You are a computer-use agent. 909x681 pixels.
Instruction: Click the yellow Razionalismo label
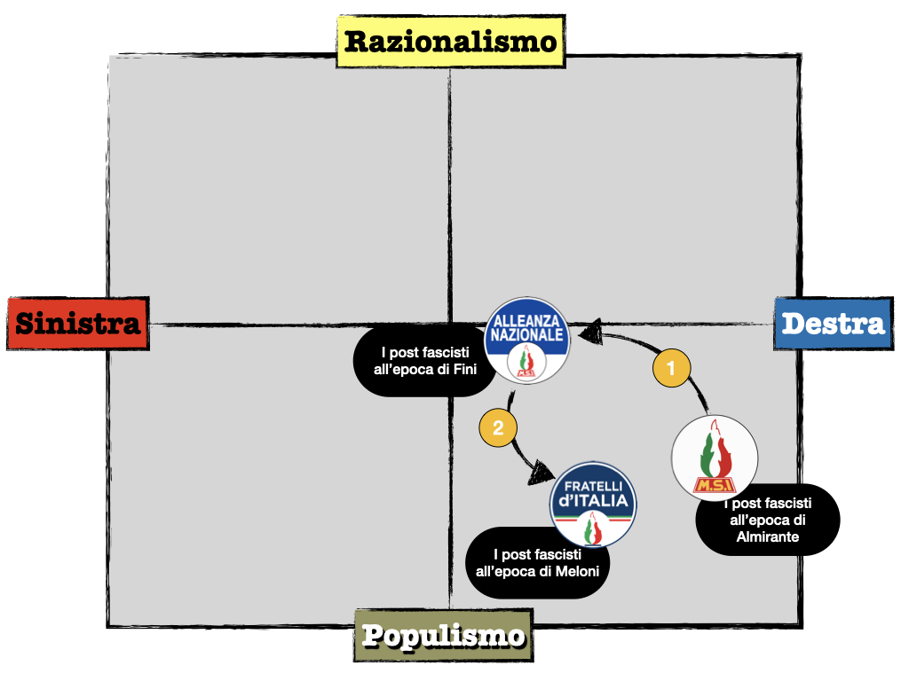pyautogui.click(x=451, y=41)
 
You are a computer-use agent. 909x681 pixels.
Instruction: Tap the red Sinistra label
pyautogui.click(x=77, y=323)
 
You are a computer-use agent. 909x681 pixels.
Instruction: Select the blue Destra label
pyautogui.click(x=834, y=323)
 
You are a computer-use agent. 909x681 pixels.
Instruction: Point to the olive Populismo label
pyautogui.click(x=443, y=635)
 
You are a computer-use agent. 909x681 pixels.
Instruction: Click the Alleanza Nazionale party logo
pyautogui.click(x=527, y=340)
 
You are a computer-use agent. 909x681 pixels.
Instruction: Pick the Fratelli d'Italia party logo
pyautogui.click(x=593, y=504)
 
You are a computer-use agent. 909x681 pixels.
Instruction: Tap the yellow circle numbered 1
pyautogui.click(x=671, y=368)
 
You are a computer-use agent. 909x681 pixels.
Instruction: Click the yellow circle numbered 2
pyautogui.click(x=498, y=428)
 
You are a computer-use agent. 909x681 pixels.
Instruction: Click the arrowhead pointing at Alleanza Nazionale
pyautogui.click(x=589, y=332)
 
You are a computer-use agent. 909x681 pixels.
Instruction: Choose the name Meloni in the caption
pyautogui.click(x=579, y=571)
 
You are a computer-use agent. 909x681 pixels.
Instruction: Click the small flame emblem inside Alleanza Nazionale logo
pyautogui.click(x=527, y=361)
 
